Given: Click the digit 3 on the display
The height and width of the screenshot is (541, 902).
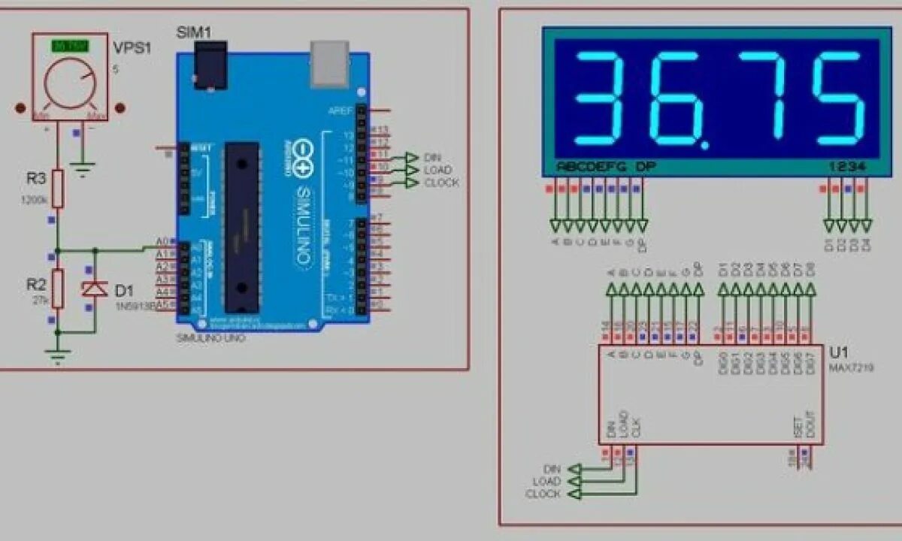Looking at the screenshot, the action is click(x=600, y=99).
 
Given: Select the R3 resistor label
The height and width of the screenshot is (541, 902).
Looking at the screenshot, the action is click(x=37, y=179).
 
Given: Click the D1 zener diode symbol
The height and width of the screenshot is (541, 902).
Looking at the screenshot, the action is click(x=95, y=289).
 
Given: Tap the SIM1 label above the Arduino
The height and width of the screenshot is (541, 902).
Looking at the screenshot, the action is click(x=193, y=32).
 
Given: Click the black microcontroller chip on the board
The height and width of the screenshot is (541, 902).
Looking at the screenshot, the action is click(x=242, y=225).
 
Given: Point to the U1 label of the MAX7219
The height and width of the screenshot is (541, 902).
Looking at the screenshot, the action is click(x=838, y=353).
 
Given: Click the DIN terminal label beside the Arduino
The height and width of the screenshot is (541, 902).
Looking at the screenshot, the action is click(x=432, y=156).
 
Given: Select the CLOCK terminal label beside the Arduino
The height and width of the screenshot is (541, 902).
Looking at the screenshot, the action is click(x=441, y=183).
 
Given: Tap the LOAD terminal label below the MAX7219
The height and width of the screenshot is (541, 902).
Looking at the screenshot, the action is click(x=546, y=481).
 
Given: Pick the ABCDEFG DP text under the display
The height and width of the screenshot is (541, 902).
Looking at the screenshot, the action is click(x=601, y=166).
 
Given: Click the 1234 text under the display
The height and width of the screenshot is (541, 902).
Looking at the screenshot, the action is click(x=848, y=166).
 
